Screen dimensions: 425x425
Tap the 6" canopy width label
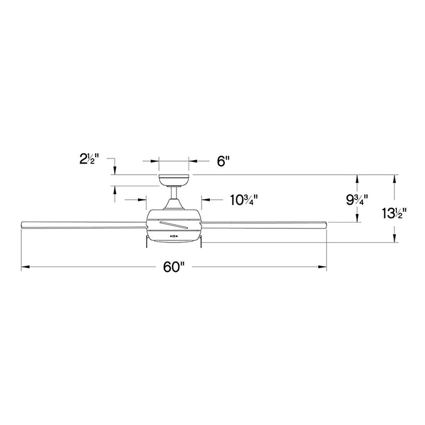[x=223, y=161]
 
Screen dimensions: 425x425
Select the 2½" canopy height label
[x=89, y=159]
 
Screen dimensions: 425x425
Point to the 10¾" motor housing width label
[x=244, y=200]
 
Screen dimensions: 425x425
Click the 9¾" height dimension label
[x=356, y=200]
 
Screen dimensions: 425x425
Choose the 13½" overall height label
[x=394, y=213]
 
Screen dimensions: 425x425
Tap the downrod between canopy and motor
[x=174, y=193]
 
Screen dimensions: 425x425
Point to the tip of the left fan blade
[x=22, y=225]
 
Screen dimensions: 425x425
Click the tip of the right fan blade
[x=326, y=225]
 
